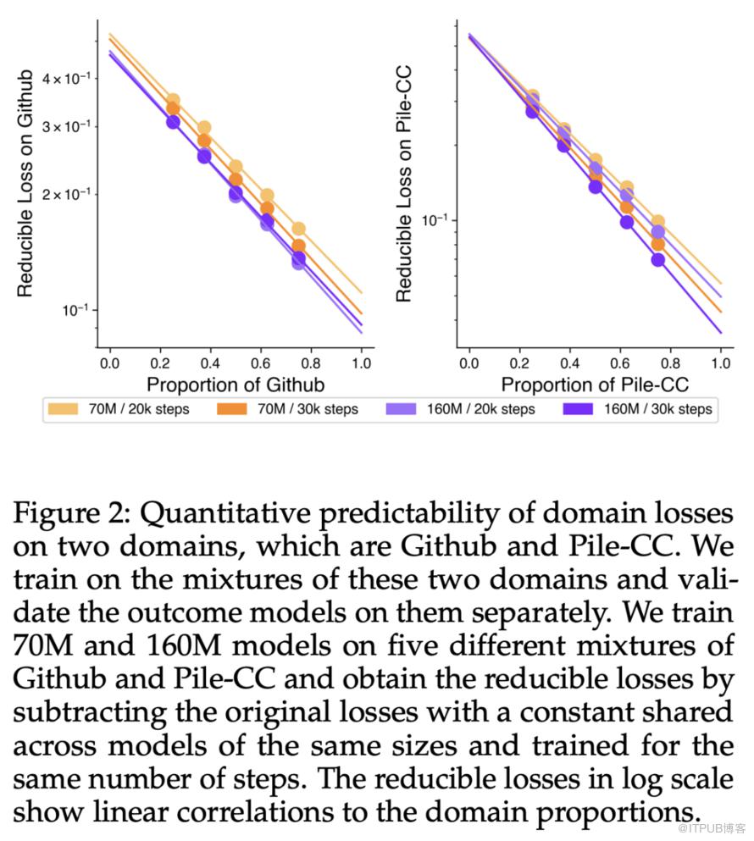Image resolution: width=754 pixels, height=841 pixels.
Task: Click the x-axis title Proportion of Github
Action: click(x=236, y=385)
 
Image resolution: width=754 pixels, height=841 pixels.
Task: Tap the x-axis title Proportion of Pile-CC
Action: click(x=595, y=385)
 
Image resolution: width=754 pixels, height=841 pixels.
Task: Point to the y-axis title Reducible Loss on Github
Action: click(x=25, y=184)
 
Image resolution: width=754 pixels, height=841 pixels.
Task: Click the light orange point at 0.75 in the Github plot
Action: click(x=298, y=229)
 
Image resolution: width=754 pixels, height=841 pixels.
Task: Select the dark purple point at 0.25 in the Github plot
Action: click(x=173, y=122)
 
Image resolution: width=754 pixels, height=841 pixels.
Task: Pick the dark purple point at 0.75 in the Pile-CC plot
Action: click(x=657, y=259)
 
